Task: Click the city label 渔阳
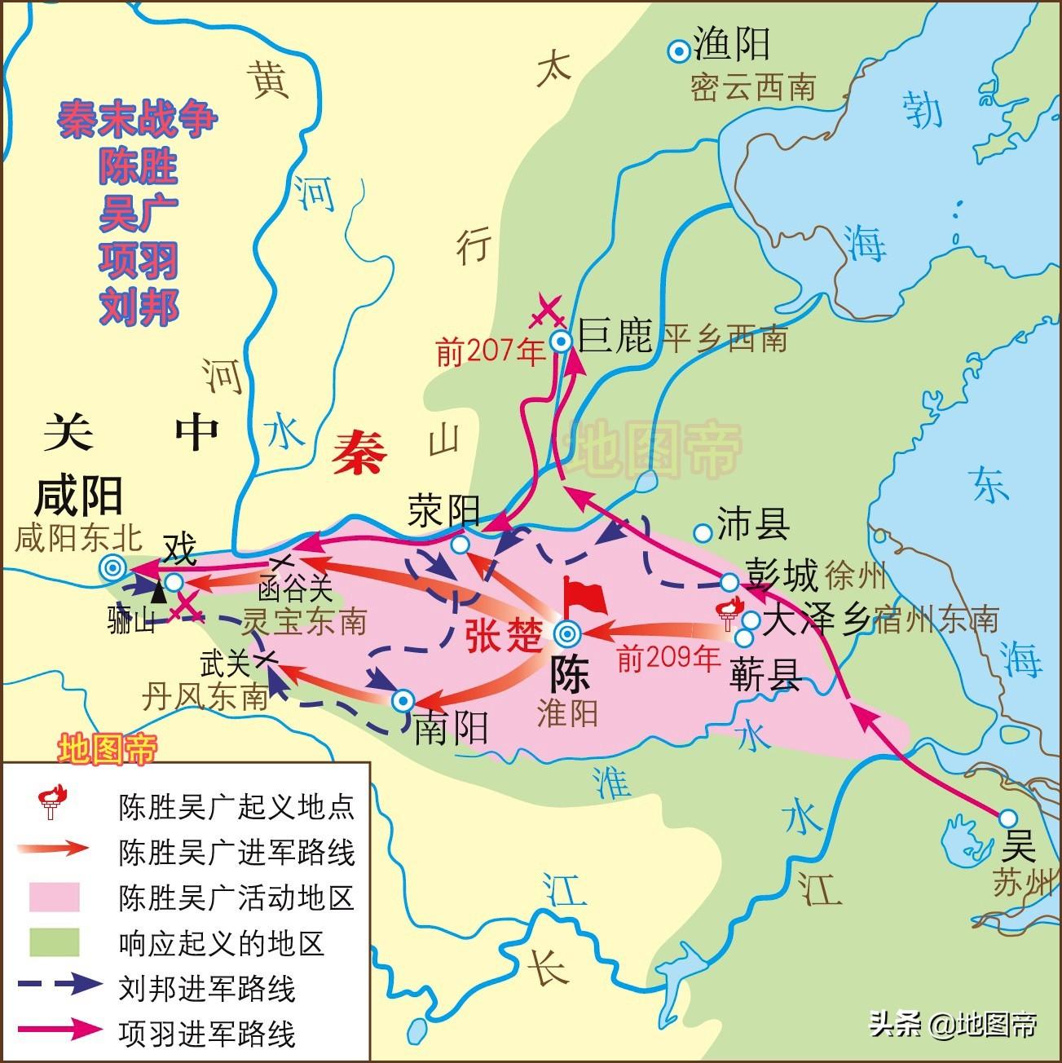(x=731, y=46)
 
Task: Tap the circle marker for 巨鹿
(x=561, y=341)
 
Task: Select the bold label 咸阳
(x=80, y=495)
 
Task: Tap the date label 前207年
(x=490, y=352)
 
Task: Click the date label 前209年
(x=668, y=657)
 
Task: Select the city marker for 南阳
(x=403, y=700)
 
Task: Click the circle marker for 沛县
(x=702, y=533)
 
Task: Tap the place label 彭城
(x=781, y=576)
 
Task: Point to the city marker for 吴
(x=1008, y=818)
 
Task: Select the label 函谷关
(x=296, y=589)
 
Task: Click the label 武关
(x=225, y=664)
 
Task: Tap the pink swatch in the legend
(x=55, y=897)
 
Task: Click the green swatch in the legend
(x=55, y=942)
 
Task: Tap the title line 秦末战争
(x=138, y=119)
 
